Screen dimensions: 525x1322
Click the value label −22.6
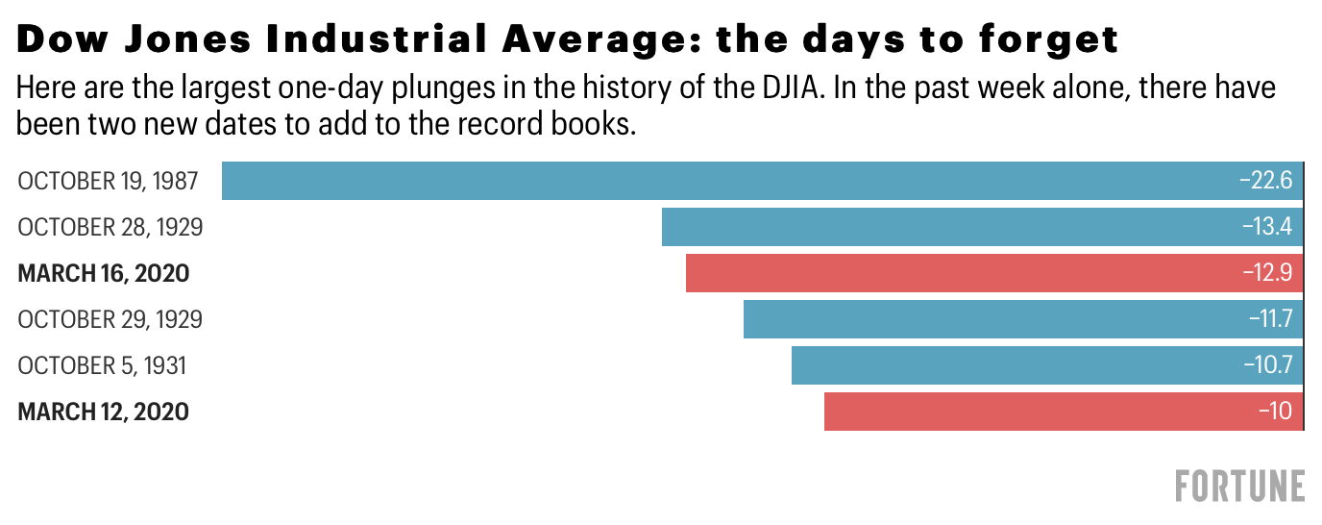click(1265, 181)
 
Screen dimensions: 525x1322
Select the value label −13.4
click(1265, 227)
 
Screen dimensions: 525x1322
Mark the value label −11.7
click(1269, 319)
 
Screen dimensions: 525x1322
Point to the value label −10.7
click(1267, 365)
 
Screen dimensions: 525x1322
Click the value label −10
click(1275, 412)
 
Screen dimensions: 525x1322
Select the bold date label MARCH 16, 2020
click(104, 273)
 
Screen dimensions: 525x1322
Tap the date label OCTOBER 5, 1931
click(102, 365)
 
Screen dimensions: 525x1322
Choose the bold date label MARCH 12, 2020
click(104, 412)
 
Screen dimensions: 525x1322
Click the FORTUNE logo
click(1239, 486)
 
